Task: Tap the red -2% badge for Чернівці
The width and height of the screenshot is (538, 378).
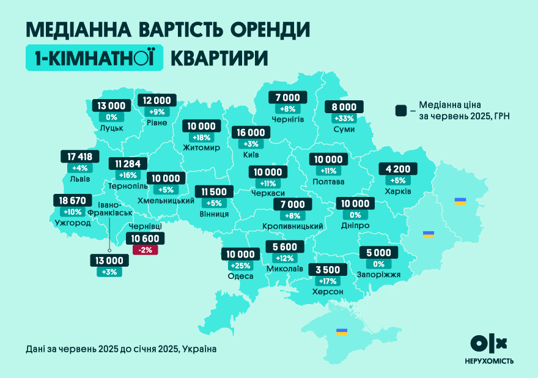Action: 145,250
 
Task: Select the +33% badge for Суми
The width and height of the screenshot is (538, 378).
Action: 344,118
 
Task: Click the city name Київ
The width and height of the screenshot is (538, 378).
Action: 250,154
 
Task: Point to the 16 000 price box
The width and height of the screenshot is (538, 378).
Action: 251,133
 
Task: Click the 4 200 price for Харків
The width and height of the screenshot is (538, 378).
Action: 399,169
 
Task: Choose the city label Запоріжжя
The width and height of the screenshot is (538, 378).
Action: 378,275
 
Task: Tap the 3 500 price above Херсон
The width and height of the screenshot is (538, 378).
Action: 327,270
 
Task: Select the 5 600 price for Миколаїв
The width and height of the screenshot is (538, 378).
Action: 285,247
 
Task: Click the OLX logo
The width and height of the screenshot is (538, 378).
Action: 488,343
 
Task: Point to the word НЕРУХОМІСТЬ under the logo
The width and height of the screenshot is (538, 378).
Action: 488,361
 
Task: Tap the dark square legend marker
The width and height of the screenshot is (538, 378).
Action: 401,110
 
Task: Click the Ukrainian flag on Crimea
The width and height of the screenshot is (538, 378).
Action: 342,332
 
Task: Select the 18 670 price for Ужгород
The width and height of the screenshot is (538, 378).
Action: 72,201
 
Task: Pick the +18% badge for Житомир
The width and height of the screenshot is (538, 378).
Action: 202,138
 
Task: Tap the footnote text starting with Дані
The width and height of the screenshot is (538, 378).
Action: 121,349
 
